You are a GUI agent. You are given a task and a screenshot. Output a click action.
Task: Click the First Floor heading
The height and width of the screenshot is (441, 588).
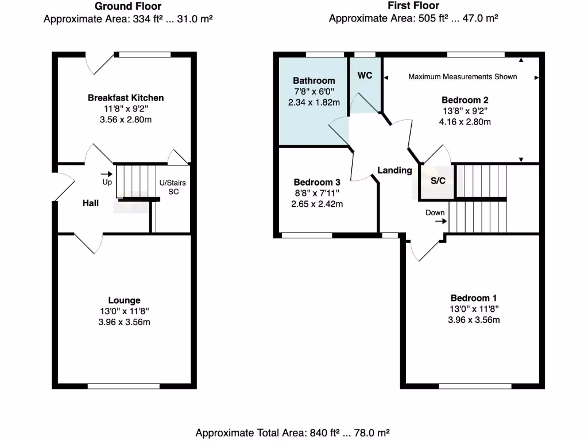coord(413,6)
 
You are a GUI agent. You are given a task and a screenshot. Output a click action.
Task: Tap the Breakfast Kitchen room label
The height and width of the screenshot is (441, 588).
coord(125,98)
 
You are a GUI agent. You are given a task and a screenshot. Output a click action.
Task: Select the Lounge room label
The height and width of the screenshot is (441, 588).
coord(124,300)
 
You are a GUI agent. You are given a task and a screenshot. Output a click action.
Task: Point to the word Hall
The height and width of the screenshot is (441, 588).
coord(90,203)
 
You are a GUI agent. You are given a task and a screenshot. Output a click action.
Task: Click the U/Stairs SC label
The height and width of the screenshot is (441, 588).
coord(173,187)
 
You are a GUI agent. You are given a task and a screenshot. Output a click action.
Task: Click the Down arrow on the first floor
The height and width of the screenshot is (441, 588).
coord(440,220)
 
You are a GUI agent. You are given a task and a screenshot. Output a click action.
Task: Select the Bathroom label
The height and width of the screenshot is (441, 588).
coord(314,80)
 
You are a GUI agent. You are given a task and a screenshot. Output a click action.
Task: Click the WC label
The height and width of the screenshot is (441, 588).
coord(365,75)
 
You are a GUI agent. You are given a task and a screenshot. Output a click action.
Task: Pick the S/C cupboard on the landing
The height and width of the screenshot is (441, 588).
coord(438,181)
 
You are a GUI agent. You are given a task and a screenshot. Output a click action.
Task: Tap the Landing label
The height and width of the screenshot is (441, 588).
coord(394,171)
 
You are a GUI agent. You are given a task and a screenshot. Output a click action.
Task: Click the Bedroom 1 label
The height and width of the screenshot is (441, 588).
coord(474,298)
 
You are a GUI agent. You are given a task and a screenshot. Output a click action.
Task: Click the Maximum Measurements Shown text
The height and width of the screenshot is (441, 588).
coord(462,77)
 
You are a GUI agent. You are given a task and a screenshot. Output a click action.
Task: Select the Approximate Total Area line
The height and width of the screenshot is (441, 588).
coord(293,433)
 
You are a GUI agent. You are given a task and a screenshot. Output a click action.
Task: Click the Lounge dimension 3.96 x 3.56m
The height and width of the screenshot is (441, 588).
coord(124,322)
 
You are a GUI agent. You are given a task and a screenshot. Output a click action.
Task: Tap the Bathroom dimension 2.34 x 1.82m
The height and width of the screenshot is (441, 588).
coord(314,102)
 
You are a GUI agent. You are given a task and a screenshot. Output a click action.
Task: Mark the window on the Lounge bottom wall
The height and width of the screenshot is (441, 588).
coord(123,386)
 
